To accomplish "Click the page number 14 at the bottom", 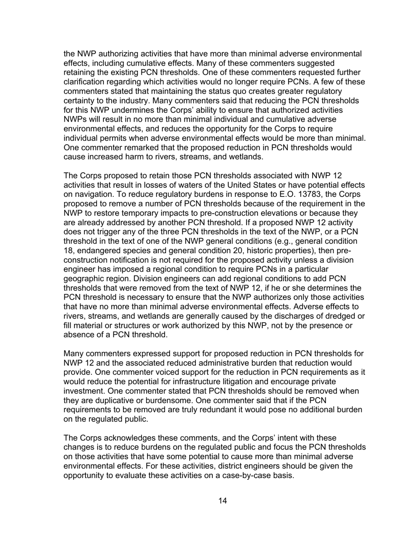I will click(x=222, y=501).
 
